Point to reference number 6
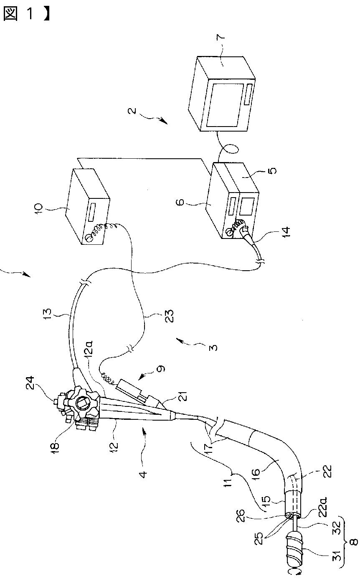point(181,202)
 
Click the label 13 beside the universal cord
point(48,314)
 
